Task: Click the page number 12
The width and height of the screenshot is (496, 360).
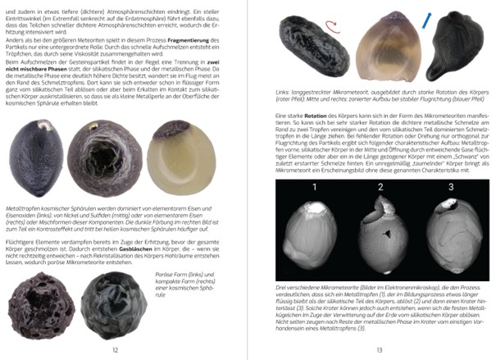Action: tap(115, 349)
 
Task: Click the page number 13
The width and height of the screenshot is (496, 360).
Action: tap(380, 349)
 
